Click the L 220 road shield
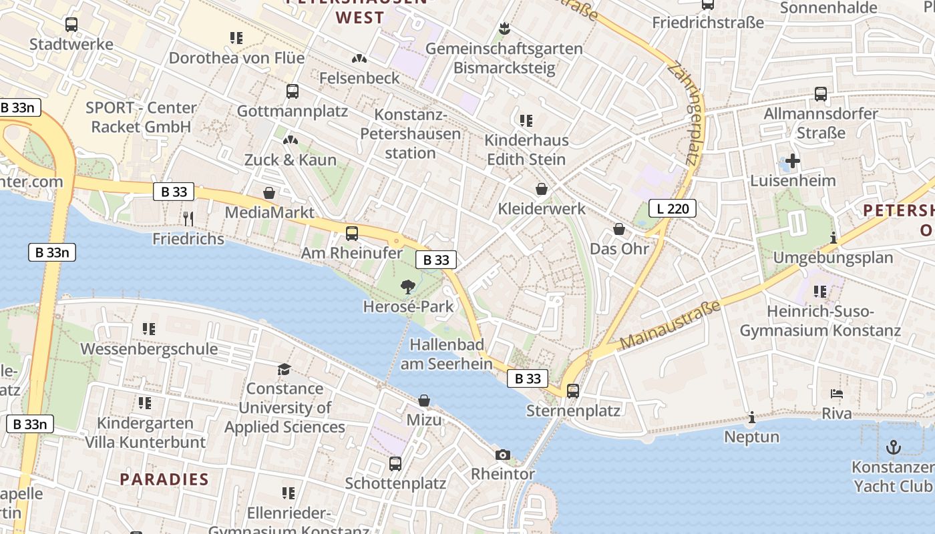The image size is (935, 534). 673,208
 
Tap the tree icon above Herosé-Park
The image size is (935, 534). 407,287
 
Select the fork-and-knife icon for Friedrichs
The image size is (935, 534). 188,218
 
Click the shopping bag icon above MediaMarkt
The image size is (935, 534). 269,193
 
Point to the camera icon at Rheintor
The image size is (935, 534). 503,455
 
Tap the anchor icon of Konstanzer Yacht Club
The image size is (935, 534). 892,447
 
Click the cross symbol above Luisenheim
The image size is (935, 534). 793,161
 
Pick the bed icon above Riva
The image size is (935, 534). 837,394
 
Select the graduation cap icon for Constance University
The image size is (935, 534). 285,369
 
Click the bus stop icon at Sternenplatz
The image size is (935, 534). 573,390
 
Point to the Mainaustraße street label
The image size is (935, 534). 670,325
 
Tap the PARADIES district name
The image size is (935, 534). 164,479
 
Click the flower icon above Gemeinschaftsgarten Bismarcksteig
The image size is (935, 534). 504,29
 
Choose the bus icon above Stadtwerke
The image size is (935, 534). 71,25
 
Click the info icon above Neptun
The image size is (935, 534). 752,417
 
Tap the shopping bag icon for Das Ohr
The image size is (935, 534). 619,229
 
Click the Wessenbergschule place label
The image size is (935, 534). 149,348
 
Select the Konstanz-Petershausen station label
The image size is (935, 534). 410,134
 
